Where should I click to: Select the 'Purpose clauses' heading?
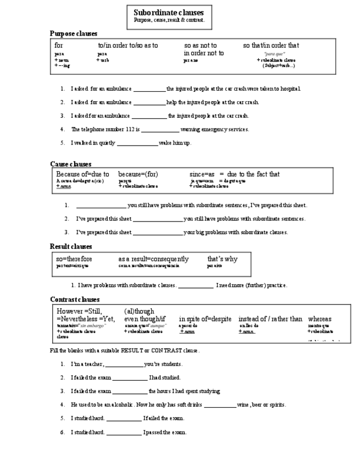(74, 34)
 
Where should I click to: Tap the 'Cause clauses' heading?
(70, 164)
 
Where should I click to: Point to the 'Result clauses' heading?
(71, 246)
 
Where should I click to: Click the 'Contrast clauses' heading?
(75, 299)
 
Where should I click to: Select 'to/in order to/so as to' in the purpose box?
(128, 46)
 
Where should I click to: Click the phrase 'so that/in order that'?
(271, 46)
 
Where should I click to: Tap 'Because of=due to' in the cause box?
(82, 174)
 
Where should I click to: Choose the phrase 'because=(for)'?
(138, 174)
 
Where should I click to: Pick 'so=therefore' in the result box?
(74, 259)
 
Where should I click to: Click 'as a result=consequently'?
(153, 259)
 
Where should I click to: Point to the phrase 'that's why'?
(222, 259)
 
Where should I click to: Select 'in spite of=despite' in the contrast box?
(205, 319)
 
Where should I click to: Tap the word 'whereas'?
(319, 319)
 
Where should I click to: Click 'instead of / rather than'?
(270, 319)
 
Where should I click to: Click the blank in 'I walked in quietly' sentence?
(137, 143)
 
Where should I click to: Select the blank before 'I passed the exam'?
(124, 432)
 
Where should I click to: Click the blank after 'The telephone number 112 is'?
(160, 130)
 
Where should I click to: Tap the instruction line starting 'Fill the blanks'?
(125, 351)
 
